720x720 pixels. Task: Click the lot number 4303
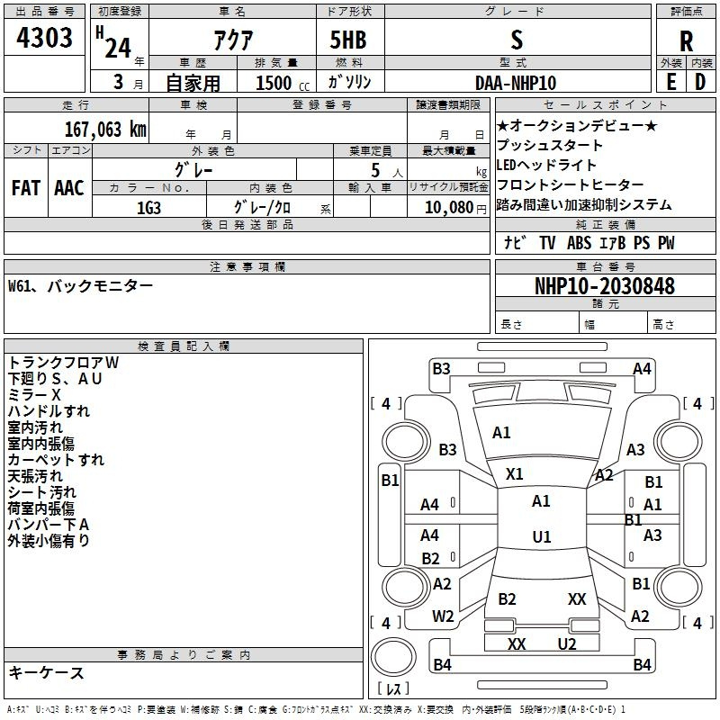coord(44,38)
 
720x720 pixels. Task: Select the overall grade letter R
coord(686,41)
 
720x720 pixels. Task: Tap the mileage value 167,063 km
coord(105,129)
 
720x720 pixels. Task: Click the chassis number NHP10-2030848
coord(605,286)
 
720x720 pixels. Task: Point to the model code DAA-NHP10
coord(516,83)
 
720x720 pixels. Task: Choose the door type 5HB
coord(348,40)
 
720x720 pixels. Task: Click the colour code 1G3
coord(148,208)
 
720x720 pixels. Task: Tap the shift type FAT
coord(26,188)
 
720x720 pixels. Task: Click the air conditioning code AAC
coord(69,188)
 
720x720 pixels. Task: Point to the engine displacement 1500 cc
coord(283,83)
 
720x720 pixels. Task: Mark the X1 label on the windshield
coord(514,474)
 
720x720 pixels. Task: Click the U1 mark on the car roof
coord(542,536)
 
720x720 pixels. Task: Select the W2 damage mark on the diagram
coord(443,616)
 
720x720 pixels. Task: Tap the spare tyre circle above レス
coord(393,656)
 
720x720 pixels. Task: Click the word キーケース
coord(47,673)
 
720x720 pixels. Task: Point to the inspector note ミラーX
coord(34,395)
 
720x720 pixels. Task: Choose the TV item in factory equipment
coord(547,243)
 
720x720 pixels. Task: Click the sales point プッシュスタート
coord(550,145)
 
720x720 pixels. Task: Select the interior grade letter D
coord(700,82)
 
